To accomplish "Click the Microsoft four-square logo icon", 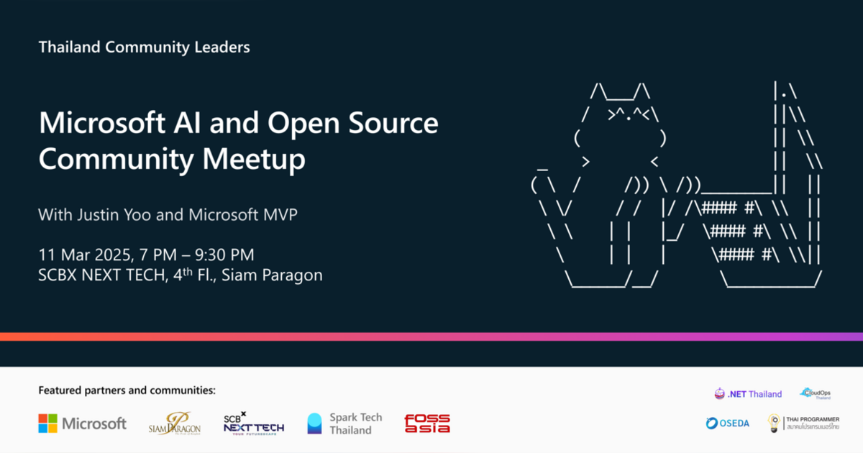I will coord(47,424).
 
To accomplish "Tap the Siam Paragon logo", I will coord(175,424).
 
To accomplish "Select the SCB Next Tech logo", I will coord(253,423).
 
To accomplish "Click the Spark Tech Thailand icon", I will coord(315,424).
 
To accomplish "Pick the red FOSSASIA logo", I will coord(427,424).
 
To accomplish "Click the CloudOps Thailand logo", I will coord(816,393).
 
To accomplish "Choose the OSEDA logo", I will coord(728,423).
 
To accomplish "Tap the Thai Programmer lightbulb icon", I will coord(774,423).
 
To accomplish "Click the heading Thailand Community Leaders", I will coord(144,48).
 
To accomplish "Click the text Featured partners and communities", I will coord(127,390).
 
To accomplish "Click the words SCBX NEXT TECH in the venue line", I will coord(99,275).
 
